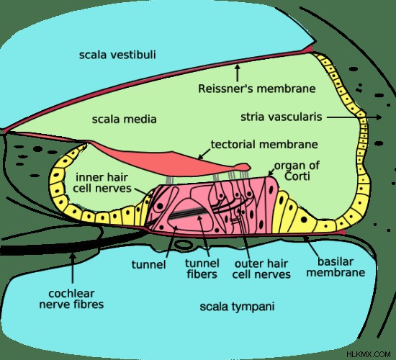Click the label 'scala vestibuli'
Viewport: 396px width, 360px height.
117,55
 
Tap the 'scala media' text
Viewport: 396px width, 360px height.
125,120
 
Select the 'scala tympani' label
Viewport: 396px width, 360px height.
237,307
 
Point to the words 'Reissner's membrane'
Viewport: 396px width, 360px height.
257,89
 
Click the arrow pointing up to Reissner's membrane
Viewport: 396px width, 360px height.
237,73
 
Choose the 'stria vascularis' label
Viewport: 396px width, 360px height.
282,117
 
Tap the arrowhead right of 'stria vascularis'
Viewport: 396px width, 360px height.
379,117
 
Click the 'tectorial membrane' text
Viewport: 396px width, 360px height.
264,145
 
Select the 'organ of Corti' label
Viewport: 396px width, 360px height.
297,171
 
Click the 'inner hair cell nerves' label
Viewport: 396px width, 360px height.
102,183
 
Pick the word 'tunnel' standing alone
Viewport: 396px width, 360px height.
149,265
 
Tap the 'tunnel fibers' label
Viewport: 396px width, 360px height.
202,269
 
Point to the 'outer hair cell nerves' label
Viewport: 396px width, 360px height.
261,269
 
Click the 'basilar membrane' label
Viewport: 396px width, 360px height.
336,267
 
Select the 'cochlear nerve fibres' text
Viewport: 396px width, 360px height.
71,299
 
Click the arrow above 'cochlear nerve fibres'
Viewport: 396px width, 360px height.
73,268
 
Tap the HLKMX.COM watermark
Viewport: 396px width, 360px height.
369,354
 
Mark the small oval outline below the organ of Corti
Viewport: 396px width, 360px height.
184,244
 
